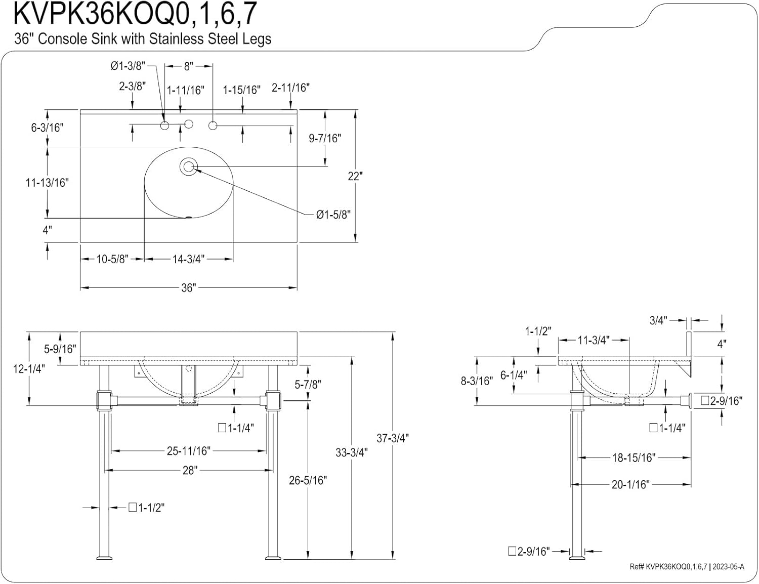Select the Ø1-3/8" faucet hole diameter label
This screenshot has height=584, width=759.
pos(128,66)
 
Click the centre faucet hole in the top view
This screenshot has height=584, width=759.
pos(189,124)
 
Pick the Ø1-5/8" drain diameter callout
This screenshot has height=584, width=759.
pos(333,215)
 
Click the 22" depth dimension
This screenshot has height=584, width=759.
pos(355,176)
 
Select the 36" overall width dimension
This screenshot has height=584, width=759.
pos(188,288)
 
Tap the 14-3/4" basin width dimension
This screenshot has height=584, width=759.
pos(188,259)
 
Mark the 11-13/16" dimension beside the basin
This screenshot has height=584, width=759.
pos(47,183)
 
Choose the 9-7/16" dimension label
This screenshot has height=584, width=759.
pos(325,138)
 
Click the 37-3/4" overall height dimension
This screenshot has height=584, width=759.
pos(392,438)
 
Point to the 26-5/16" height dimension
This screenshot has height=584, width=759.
pos(308,480)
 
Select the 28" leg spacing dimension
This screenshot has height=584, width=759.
pos(189,470)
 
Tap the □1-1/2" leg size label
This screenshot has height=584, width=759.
pos(147,508)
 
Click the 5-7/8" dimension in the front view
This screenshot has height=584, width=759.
pos(308,385)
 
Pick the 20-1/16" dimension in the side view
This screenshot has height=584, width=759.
pos(630,484)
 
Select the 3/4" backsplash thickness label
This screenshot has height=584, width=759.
pos(658,320)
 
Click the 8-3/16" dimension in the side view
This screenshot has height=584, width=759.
pos(476,381)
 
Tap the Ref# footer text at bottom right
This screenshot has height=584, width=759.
pos(687,567)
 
